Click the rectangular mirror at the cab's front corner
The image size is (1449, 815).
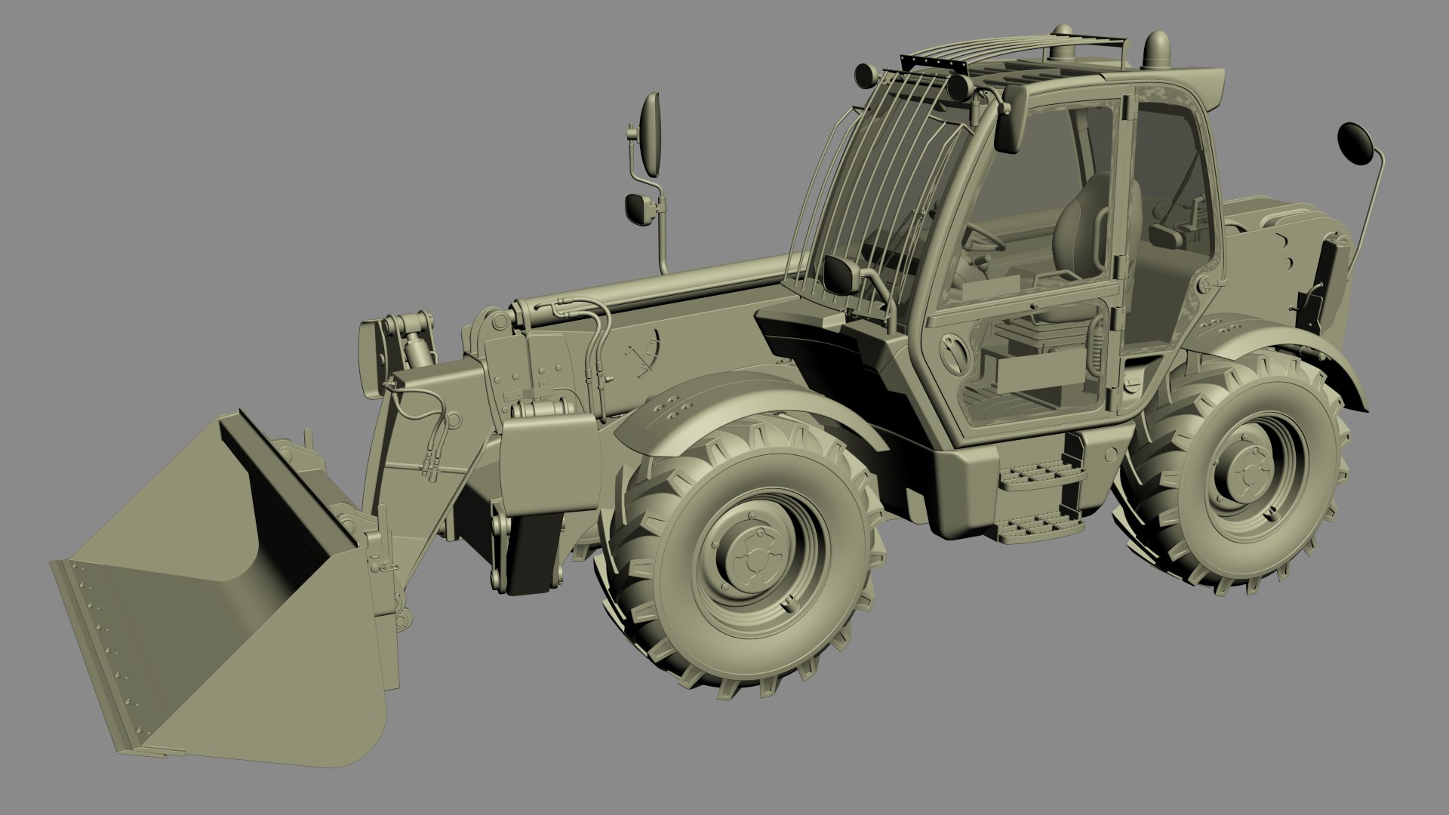click(x=843, y=273)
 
